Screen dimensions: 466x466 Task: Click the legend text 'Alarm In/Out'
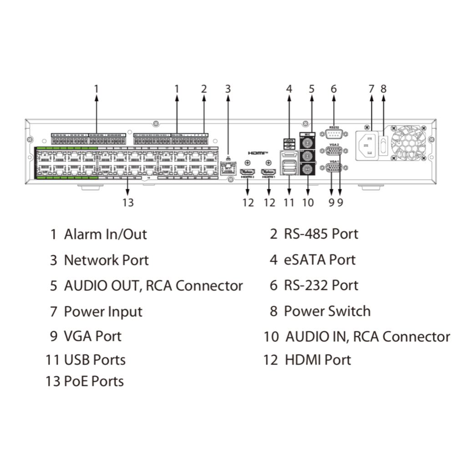(x=105, y=234)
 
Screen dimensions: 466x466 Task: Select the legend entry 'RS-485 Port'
(x=321, y=234)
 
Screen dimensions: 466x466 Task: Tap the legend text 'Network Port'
(x=106, y=260)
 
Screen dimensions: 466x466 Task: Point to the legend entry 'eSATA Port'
(x=319, y=260)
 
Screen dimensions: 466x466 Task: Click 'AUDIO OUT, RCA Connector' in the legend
(x=153, y=286)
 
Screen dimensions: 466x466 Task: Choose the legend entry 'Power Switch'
(x=327, y=311)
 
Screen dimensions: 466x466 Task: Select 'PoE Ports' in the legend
(x=94, y=381)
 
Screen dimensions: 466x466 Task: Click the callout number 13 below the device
(x=128, y=202)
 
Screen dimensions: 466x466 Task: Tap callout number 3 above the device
(x=228, y=89)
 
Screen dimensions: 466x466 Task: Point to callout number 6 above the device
(x=334, y=89)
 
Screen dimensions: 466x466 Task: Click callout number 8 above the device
(x=384, y=89)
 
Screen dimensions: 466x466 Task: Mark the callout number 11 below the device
(x=289, y=202)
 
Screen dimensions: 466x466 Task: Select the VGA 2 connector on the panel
(x=334, y=152)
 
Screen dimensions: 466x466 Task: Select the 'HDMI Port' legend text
(x=318, y=360)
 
